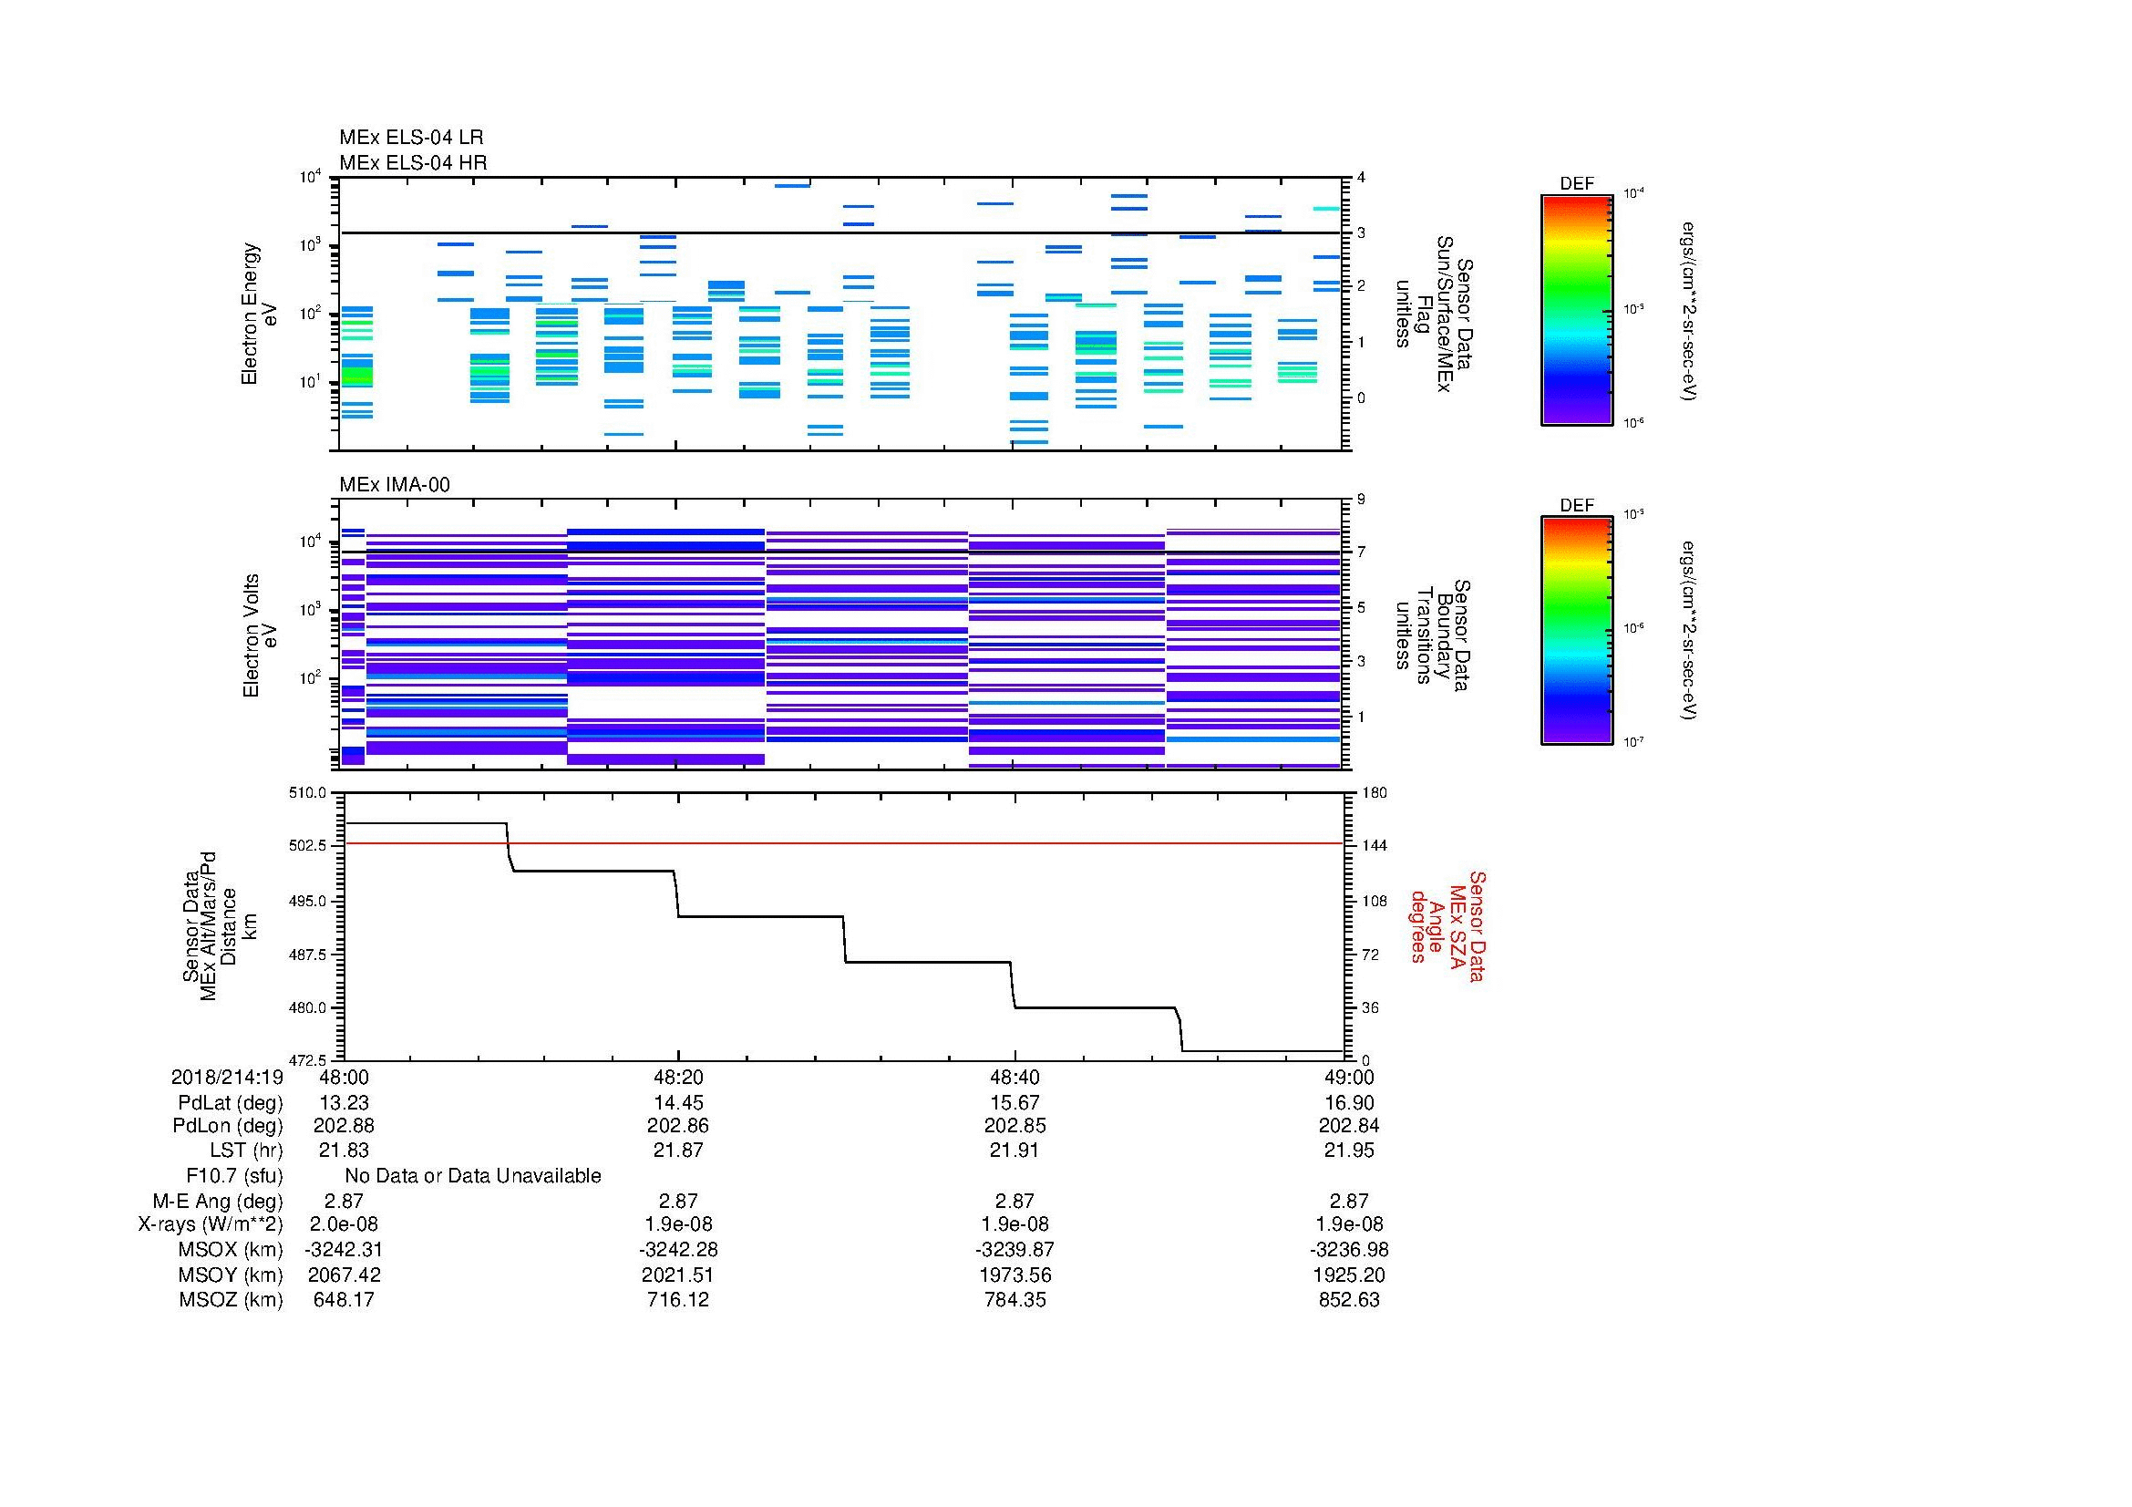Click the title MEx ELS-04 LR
[x=411, y=138]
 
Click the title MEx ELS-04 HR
[x=413, y=162]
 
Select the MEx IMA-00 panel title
[x=395, y=485]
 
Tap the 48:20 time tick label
[x=679, y=1077]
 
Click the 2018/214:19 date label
[x=227, y=1077]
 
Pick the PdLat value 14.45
[x=679, y=1103]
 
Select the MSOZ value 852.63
[x=1349, y=1300]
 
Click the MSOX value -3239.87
[x=1015, y=1250]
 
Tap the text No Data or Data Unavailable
[x=473, y=1176]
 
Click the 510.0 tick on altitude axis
[x=309, y=793]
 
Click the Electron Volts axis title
[x=261, y=636]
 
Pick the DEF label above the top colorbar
[x=1577, y=184]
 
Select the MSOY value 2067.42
[x=344, y=1275]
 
